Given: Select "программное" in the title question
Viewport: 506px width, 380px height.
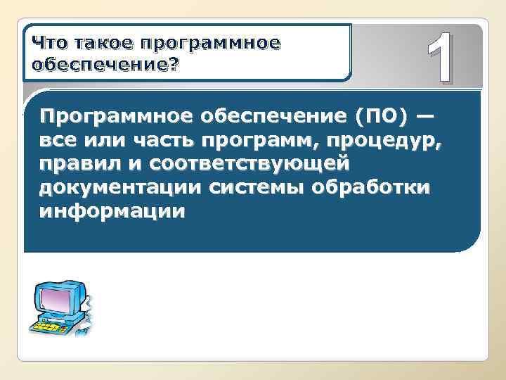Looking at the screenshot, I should point(211,44).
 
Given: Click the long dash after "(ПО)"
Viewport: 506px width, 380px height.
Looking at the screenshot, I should point(426,116).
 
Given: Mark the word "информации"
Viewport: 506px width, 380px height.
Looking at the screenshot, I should point(112,212).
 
